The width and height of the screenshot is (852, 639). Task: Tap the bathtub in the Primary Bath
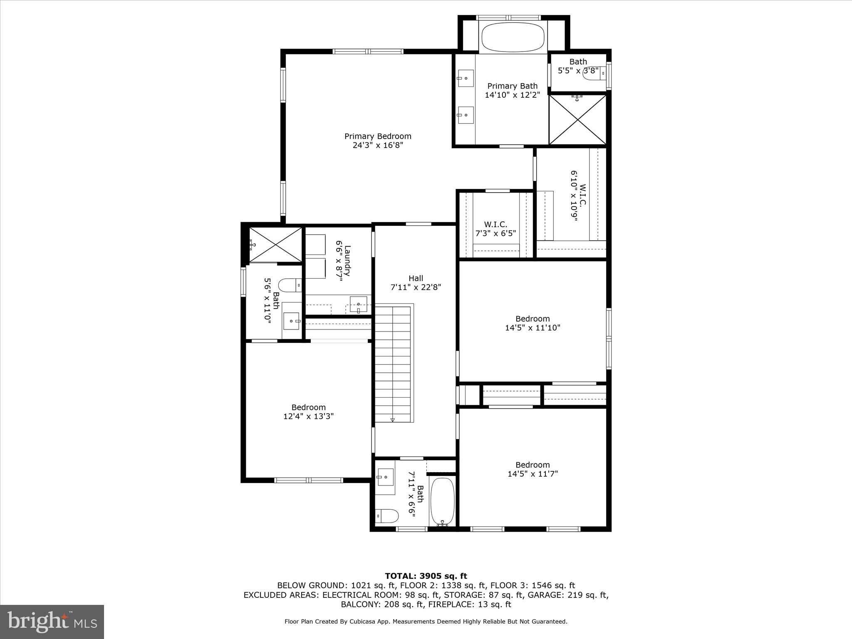coord(513,37)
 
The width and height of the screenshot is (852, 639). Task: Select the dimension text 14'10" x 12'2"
coord(512,95)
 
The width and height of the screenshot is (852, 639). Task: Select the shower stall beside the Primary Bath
coord(577,120)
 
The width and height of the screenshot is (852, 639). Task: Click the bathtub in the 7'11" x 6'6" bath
coord(442,502)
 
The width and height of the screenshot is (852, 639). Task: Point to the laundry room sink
coord(358,304)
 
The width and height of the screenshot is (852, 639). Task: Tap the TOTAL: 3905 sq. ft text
coord(426,576)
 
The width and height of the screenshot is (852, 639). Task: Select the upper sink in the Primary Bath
coord(466,78)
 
